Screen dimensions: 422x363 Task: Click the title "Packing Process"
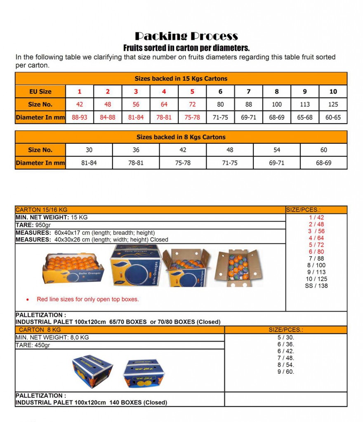coord(186,36)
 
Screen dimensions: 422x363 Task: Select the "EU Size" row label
coord(40,91)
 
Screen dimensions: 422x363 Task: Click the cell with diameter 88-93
coord(80,117)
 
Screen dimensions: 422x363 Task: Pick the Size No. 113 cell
coord(305,104)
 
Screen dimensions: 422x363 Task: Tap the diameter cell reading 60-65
coord(333,117)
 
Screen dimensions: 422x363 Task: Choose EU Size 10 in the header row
coord(333,91)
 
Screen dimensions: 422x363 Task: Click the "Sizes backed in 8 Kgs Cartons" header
coord(181,137)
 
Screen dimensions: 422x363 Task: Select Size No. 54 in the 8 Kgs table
coord(277,150)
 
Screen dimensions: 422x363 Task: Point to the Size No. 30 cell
coord(89,150)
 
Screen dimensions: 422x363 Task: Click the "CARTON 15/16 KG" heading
coord(41,210)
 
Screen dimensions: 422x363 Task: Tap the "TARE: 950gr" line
coord(33,225)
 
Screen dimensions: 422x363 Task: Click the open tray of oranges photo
coord(73,268)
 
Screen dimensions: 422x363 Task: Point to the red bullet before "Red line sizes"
coord(28,300)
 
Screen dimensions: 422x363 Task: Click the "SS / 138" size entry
coord(316,286)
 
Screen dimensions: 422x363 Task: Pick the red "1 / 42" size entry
coord(316,218)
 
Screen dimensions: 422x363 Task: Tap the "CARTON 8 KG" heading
coord(40,330)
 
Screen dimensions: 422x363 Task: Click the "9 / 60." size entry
coord(286,372)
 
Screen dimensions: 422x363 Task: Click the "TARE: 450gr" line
coord(33,345)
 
